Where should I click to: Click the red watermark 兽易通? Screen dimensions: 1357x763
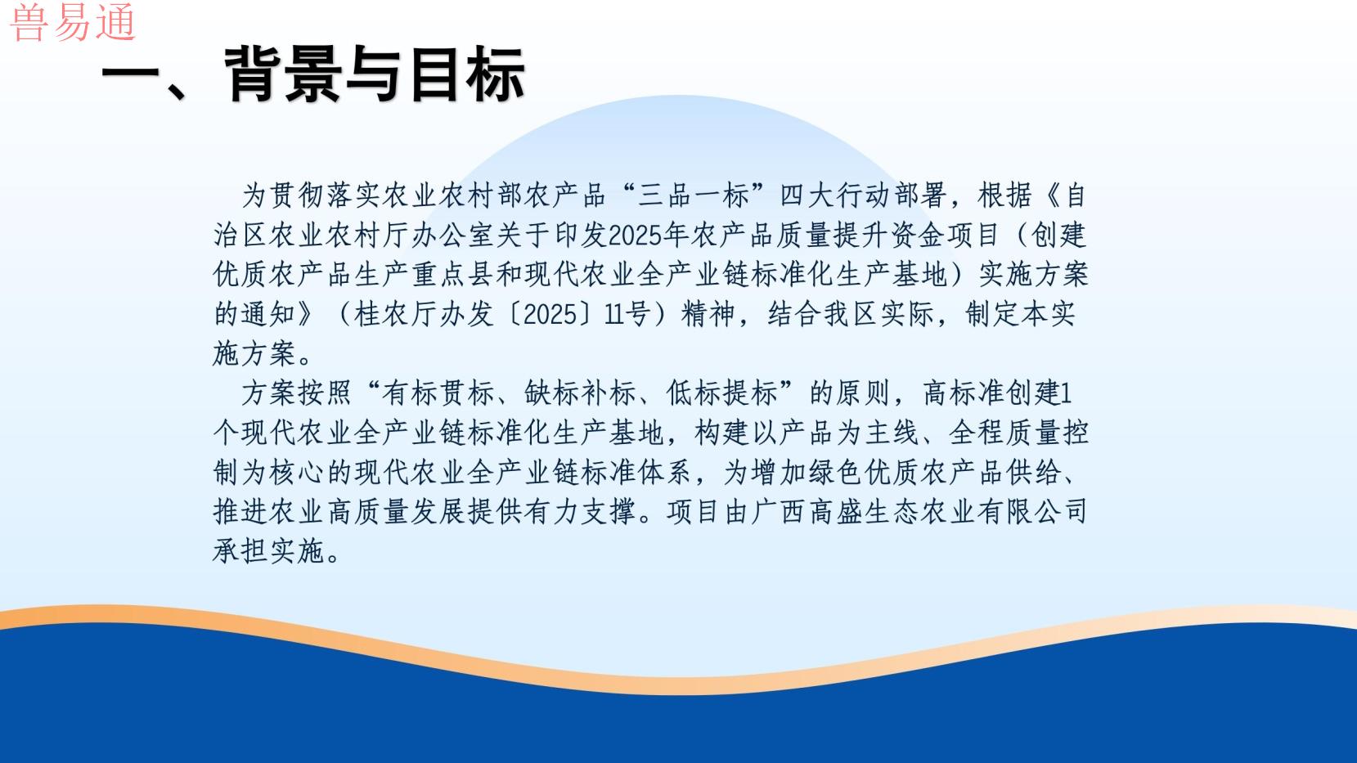[73, 22]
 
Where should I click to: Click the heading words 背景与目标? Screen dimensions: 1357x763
[374, 74]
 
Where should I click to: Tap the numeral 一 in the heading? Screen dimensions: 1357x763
[129, 76]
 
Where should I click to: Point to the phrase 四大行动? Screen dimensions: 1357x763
[835, 195]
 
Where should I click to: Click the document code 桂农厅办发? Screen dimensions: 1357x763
[424, 314]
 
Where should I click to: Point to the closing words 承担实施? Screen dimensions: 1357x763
[269, 552]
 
